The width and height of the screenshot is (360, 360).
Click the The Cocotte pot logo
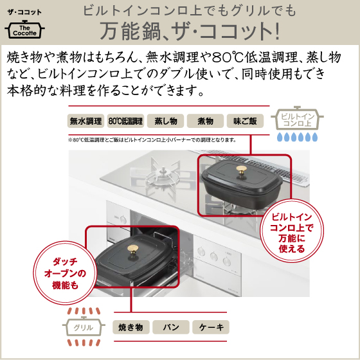(x=24, y=30)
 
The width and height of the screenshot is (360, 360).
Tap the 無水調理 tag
(x=85, y=121)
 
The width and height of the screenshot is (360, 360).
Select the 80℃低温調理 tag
(x=125, y=121)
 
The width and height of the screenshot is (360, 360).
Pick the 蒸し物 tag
(x=166, y=121)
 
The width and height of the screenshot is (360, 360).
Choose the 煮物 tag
(x=205, y=121)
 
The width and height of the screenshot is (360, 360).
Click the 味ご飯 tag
(x=245, y=121)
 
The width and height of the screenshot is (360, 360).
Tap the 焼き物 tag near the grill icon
(x=131, y=327)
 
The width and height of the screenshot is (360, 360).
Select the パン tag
(x=171, y=327)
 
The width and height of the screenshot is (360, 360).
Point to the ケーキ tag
(x=211, y=327)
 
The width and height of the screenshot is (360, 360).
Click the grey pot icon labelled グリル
(x=84, y=327)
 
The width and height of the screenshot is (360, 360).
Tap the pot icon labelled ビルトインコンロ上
(x=297, y=118)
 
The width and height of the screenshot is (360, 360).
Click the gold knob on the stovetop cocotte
(x=241, y=170)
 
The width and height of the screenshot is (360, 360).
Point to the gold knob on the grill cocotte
(x=133, y=251)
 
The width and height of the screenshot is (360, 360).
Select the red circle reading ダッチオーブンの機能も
(x=65, y=273)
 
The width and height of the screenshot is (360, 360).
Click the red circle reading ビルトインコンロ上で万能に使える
(x=292, y=232)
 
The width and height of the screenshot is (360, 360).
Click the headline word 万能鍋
(x=130, y=31)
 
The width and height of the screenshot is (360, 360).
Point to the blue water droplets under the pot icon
(x=297, y=137)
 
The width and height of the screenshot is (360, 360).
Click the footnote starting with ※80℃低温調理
(x=152, y=139)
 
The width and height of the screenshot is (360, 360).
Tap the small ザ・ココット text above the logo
(x=24, y=12)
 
